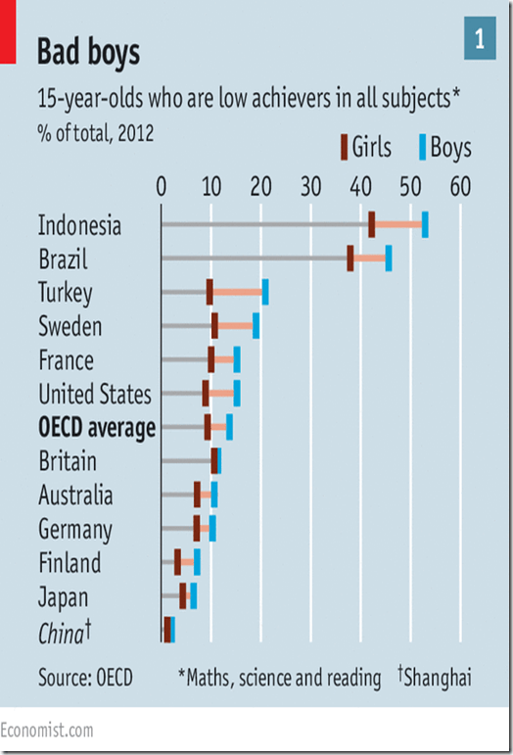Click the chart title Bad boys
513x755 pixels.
tap(88, 52)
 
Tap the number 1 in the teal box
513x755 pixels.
tap(480, 39)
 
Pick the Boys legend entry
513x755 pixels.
tap(444, 147)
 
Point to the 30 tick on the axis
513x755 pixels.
tap(310, 186)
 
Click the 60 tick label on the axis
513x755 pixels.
tap(459, 186)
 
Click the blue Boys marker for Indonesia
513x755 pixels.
tap(425, 224)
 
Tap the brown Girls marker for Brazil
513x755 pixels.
tap(350, 259)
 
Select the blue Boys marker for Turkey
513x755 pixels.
tap(265, 292)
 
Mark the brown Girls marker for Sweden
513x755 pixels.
tap(214, 325)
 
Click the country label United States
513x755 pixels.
tap(95, 395)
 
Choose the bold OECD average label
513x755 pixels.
tap(97, 428)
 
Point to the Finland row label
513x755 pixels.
tap(70, 563)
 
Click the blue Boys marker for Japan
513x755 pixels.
tap(194, 595)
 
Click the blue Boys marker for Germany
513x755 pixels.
tap(212, 529)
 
